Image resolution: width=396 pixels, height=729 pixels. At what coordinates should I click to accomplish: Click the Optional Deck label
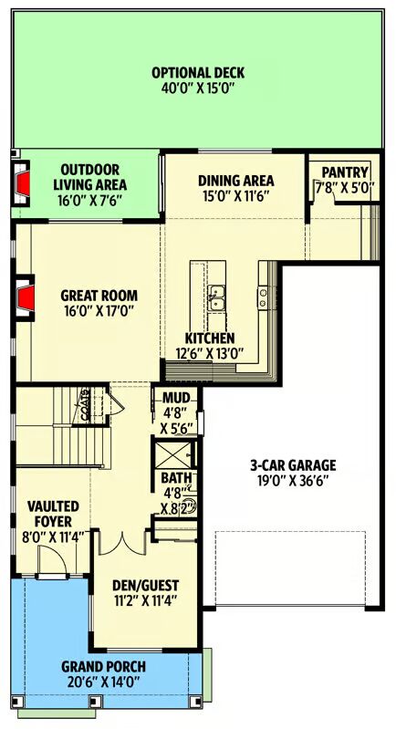tap(198, 73)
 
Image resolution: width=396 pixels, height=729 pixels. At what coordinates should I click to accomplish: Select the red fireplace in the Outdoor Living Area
tap(23, 182)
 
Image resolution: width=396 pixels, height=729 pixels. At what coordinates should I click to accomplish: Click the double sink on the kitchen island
tap(215, 297)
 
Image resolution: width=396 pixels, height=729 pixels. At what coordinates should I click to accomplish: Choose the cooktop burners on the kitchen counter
tap(263, 297)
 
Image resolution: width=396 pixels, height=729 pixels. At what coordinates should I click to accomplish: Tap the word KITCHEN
tap(210, 338)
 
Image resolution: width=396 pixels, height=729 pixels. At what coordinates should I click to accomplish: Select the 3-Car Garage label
tap(293, 464)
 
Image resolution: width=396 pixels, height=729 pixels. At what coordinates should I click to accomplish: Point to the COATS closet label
tap(85, 405)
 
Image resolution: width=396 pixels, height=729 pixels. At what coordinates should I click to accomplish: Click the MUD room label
tap(176, 398)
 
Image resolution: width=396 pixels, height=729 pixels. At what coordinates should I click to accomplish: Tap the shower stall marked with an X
tap(172, 454)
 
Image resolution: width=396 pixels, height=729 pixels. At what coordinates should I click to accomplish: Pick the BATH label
tap(172, 478)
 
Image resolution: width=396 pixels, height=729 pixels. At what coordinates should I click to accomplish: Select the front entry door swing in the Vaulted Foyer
tap(52, 561)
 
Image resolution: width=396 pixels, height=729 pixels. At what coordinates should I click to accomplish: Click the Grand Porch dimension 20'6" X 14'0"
tap(103, 683)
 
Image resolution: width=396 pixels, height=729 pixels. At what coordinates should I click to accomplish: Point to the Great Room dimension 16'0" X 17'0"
tap(99, 310)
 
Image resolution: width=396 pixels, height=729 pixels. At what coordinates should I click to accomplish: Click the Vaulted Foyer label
tap(53, 514)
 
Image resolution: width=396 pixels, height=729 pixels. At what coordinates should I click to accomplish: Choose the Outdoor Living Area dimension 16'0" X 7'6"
tap(89, 200)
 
